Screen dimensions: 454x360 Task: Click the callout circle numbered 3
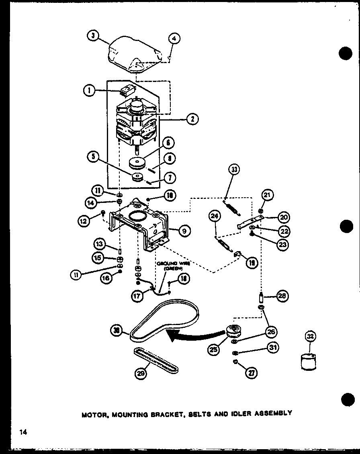tap(93, 36)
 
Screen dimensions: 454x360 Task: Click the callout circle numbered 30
tap(117, 331)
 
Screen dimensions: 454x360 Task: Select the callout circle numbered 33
tap(235, 170)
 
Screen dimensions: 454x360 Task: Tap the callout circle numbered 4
tap(174, 39)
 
